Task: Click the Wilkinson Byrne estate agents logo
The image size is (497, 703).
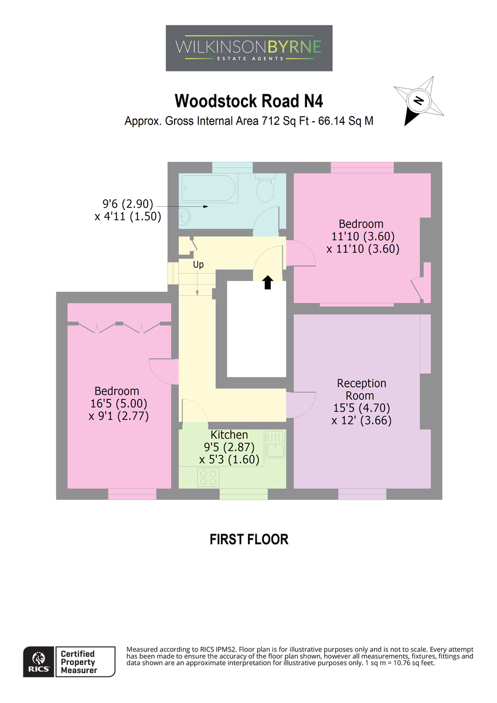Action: tap(249, 48)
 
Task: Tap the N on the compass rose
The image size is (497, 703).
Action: tap(418, 100)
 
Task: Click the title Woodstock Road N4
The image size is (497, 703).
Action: tap(249, 101)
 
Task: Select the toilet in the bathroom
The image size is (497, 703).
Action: tap(265, 187)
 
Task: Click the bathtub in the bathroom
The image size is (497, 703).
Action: tap(209, 187)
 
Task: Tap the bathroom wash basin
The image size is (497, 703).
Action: tap(185, 216)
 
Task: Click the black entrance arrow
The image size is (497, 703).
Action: tap(267, 282)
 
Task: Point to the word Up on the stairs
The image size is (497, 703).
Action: tap(198, 265)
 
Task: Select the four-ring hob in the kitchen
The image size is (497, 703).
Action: tap(208, 477)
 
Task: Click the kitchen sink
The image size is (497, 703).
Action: tap(275, 445)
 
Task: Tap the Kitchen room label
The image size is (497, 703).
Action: tap(229, 435)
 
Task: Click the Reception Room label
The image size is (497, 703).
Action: tap(362, 389)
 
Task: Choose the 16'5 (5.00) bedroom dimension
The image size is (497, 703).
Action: tap(118, 403)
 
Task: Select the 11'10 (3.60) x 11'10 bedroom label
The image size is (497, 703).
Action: tap(363, 243)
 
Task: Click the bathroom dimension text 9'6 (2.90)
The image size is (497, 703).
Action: tap(128, 204)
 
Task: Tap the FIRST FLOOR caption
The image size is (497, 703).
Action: tap(249, 540)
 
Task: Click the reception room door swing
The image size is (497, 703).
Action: tap(301, 405)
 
